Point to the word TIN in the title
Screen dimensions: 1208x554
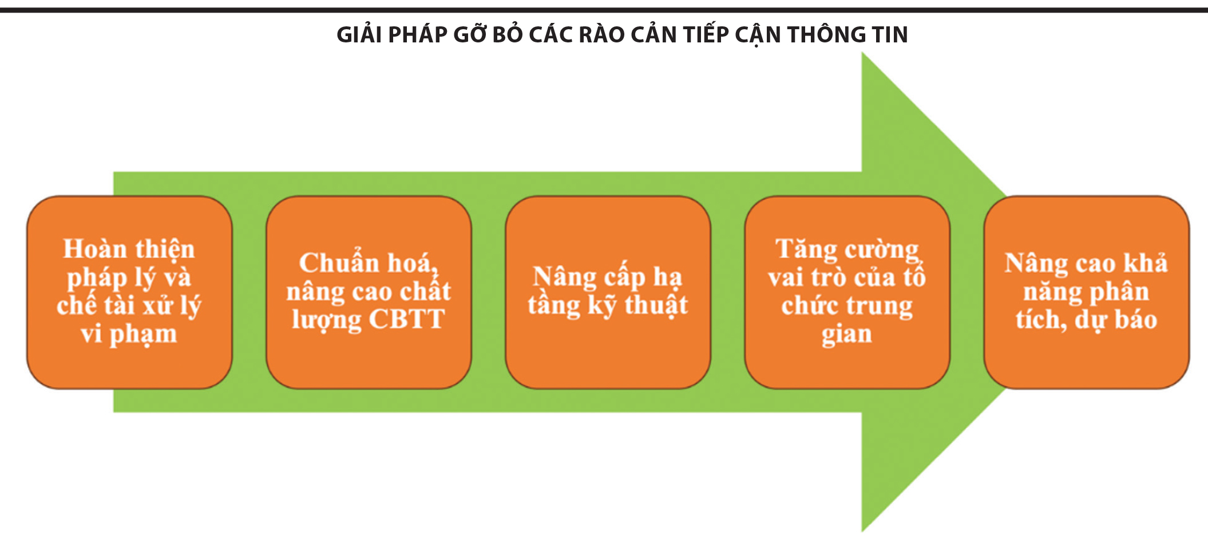pyautogui.click(x=890, y=35)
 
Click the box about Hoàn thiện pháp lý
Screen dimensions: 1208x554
pyautogui.click(x=130, y=292)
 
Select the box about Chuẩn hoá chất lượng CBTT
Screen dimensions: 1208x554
pyautogui.click(x=369, y=292)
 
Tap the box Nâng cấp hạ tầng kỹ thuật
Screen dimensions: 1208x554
pyautogui.click(x=608, y=292)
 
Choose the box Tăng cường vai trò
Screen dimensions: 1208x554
pyautogui.click(x=847, y=292)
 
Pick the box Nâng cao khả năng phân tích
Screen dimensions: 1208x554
pyautogui.click(x=1087, y=292)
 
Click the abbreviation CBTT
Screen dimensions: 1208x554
pyautogui.click(x=406, y=319)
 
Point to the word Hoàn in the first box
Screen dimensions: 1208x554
pyautogui.click(x=95, y=249)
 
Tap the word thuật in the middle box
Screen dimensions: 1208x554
pyautogui.click(x=656, y=305)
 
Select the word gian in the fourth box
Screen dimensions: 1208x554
pyautogui.click(x=847, y=334)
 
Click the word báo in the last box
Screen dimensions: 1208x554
pyautogui.click(x=1136, y=319)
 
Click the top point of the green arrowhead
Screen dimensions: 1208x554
pyautogui.click(x=862, y=53)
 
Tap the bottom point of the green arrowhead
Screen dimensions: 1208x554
pyautogui.click(x=862, y=532)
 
